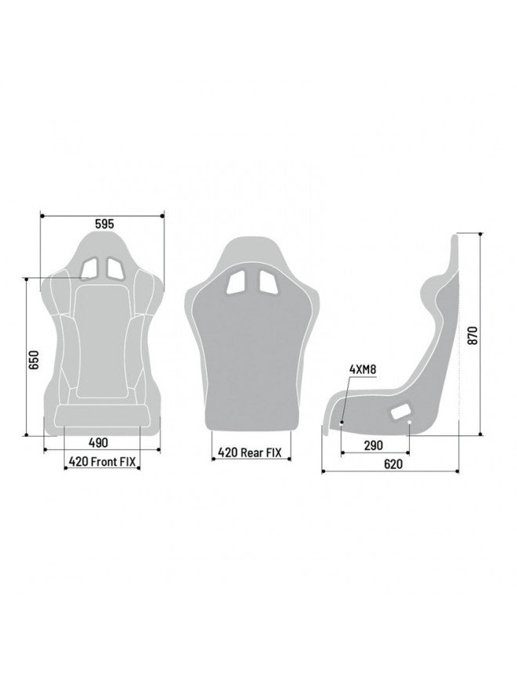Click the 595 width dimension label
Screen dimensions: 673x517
click(105, 223)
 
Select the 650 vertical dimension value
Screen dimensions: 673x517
click(33, 359)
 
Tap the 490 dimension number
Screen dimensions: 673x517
click(99, 442)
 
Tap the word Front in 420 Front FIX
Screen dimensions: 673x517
click(104, 462)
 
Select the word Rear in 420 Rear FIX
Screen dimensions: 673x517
click(252, 452)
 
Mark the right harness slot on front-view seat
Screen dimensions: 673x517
click(114, 268)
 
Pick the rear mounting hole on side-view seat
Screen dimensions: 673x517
click(410, 423)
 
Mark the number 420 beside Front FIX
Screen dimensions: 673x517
click(78, 462)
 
